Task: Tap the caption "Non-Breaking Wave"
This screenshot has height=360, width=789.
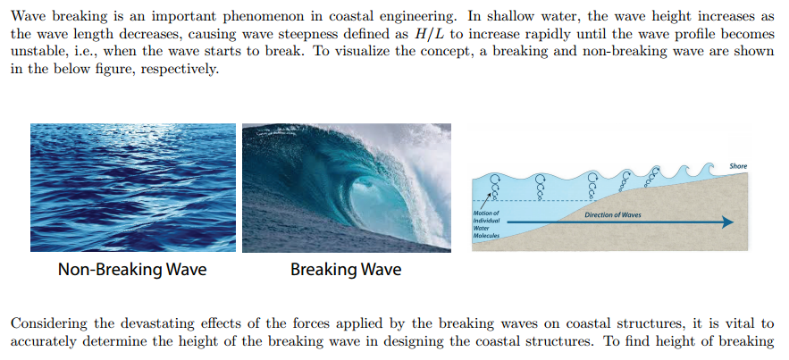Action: click(x=132, y=269)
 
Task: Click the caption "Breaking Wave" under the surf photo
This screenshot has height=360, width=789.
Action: click(x=346, y=269)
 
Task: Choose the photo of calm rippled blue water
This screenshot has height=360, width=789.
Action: click(x=132, y=187)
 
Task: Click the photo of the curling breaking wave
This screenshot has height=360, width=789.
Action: click(x=346, y=187)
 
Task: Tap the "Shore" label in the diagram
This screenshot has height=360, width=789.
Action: click(x=738, y=166)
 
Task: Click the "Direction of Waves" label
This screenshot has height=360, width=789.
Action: click(x=612, y=215)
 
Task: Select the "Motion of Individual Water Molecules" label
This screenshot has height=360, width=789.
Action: click(x=488, y=225)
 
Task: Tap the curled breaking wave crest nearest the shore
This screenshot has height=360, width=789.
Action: click(x=705, y=168)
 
